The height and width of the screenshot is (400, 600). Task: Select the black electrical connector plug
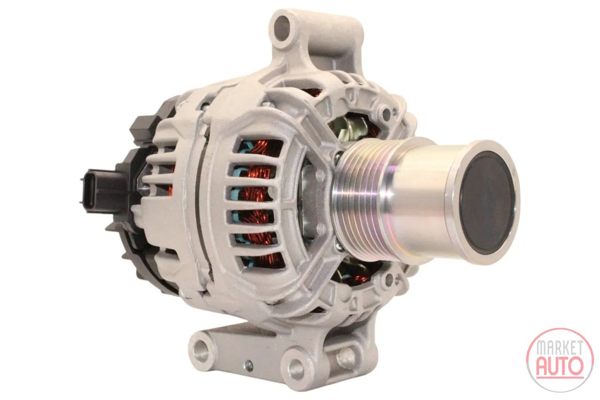pos(100,191)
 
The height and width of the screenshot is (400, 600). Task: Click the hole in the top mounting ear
pos(282,28)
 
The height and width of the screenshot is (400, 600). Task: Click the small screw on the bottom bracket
pos(249,365)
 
